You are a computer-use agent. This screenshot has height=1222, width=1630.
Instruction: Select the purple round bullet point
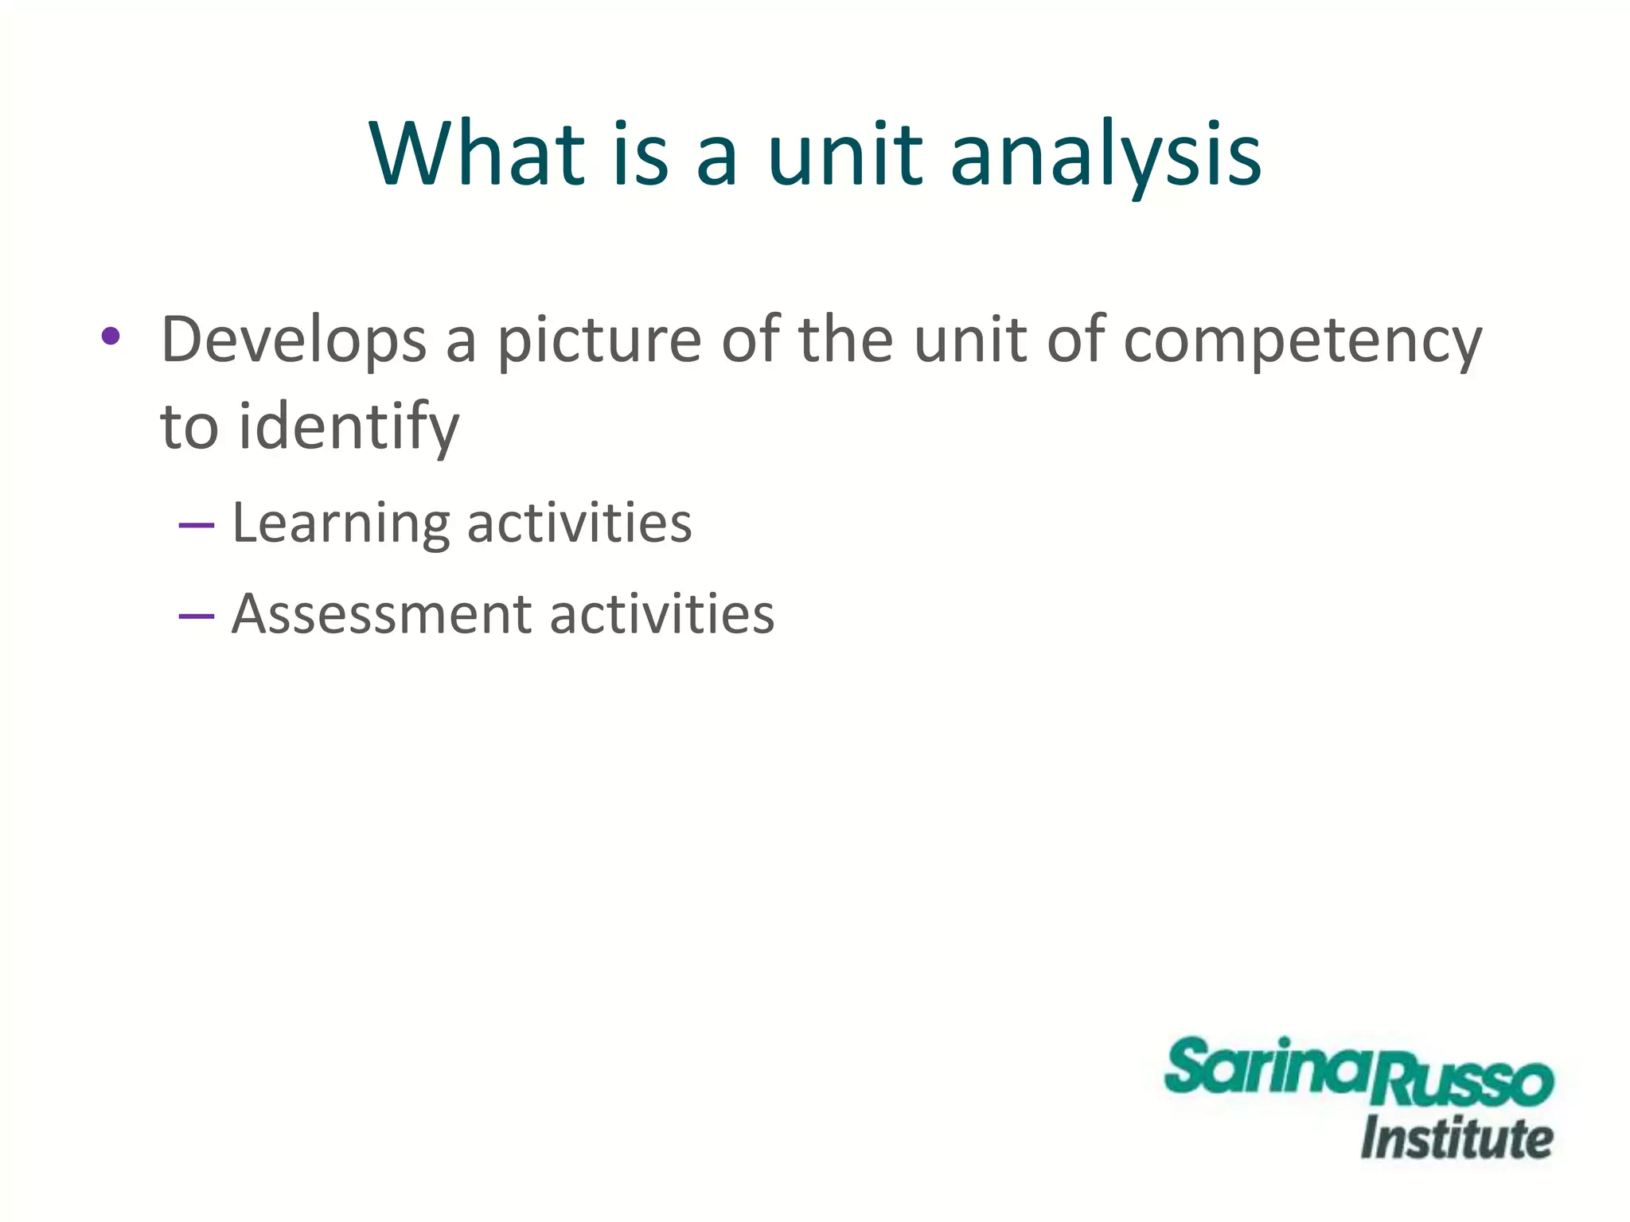[x=111, y=336]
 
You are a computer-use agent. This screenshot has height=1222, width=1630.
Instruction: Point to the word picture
[x=599, y=341]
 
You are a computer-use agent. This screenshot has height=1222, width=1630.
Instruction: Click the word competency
[x=1303, y=341]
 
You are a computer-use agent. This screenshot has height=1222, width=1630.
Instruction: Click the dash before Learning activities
[x=197, y=525]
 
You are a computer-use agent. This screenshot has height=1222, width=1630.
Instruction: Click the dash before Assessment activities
[x=197, y=616]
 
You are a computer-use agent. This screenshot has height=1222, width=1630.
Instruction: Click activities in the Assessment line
[x=662, y=614]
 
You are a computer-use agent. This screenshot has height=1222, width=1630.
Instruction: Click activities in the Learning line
[x=579, y=523]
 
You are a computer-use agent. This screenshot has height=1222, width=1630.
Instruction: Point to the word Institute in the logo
[x=1456, y=1138]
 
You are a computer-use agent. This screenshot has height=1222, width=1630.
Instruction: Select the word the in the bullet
[x=847, y=341]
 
